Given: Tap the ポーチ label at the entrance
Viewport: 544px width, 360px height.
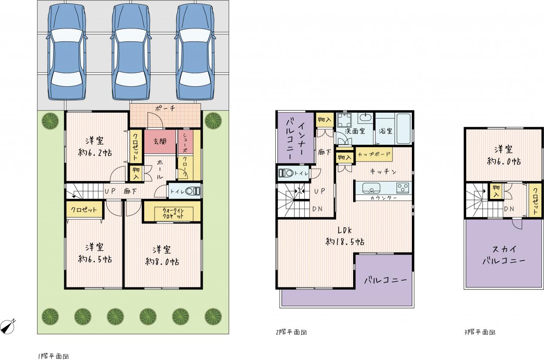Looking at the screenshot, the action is pos(165,108).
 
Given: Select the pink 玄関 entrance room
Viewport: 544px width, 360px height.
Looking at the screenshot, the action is pos(160,142).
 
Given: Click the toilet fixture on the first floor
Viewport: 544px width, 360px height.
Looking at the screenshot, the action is pos(193,191).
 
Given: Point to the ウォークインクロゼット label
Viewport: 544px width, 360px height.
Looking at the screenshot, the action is pos(173,213).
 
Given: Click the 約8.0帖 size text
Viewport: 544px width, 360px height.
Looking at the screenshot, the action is pos(162,262).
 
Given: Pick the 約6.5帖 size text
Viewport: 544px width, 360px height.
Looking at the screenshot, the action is pos(95,259).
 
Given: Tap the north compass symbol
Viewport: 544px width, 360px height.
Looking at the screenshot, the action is pos(8,326).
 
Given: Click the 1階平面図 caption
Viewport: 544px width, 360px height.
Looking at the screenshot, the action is pos(54,356).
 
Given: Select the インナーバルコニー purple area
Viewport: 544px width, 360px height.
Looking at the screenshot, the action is pos(296,138).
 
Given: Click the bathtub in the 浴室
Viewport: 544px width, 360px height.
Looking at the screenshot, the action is pos(403,129).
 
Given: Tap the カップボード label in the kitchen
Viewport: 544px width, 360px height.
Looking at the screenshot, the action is pos(374,154).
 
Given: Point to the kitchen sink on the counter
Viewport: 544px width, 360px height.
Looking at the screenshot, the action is pos(371,188).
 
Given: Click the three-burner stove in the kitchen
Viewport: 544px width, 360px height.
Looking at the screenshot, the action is pos(402,188).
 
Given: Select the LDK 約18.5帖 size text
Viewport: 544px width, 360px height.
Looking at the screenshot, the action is pos(345,236).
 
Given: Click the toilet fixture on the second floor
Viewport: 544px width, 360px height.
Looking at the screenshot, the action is pos(286,173).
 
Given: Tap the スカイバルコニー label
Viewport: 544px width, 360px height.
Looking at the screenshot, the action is pos(504,255).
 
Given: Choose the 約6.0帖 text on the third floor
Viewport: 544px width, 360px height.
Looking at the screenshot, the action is pos(504,162).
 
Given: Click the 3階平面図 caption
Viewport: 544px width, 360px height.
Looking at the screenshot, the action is pos(480,332).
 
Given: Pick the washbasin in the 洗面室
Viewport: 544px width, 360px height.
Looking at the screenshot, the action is pos(365,118).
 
